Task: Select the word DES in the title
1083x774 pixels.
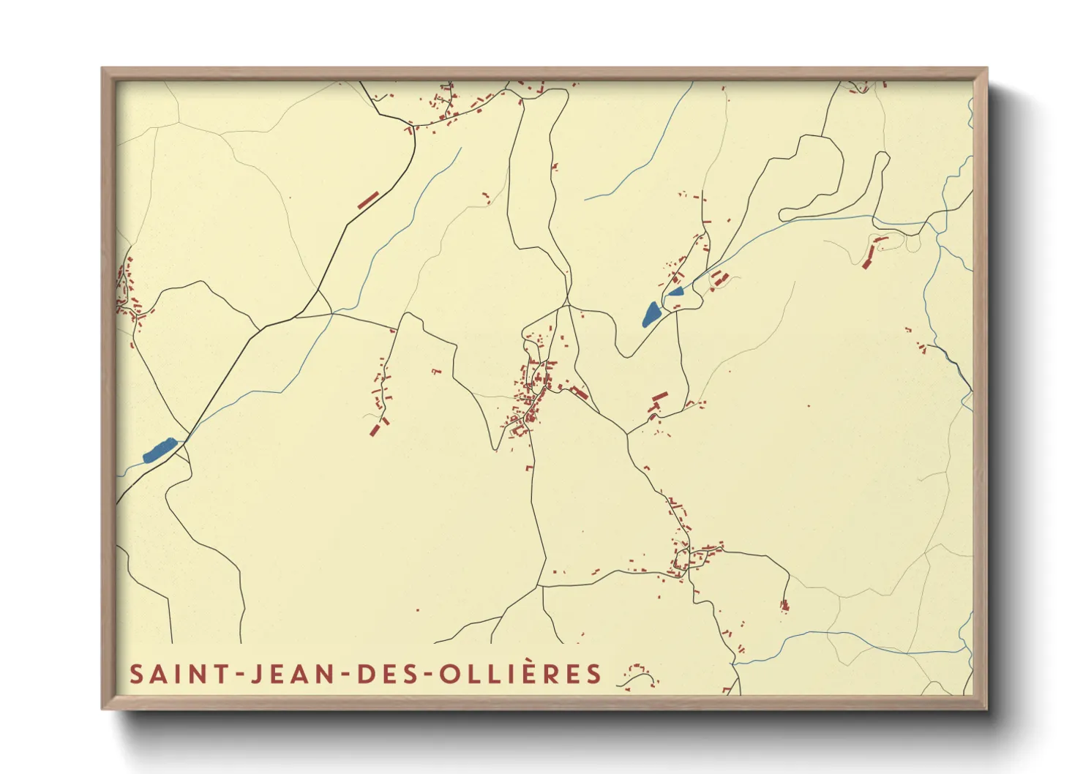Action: tap(386, 674)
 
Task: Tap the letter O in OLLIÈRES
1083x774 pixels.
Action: tap(449, 674)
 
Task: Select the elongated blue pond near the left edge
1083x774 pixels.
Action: tap(160, 450)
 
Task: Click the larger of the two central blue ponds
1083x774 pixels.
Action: tap(651, 314)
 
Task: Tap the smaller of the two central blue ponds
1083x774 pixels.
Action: tap(675, 291)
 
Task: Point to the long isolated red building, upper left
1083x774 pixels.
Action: tap(368, 200)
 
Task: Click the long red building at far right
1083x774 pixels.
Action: tap(871, 253)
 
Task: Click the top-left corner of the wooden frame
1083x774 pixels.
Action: tap(102, 69)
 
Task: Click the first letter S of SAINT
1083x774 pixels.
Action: tap(136, 674)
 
